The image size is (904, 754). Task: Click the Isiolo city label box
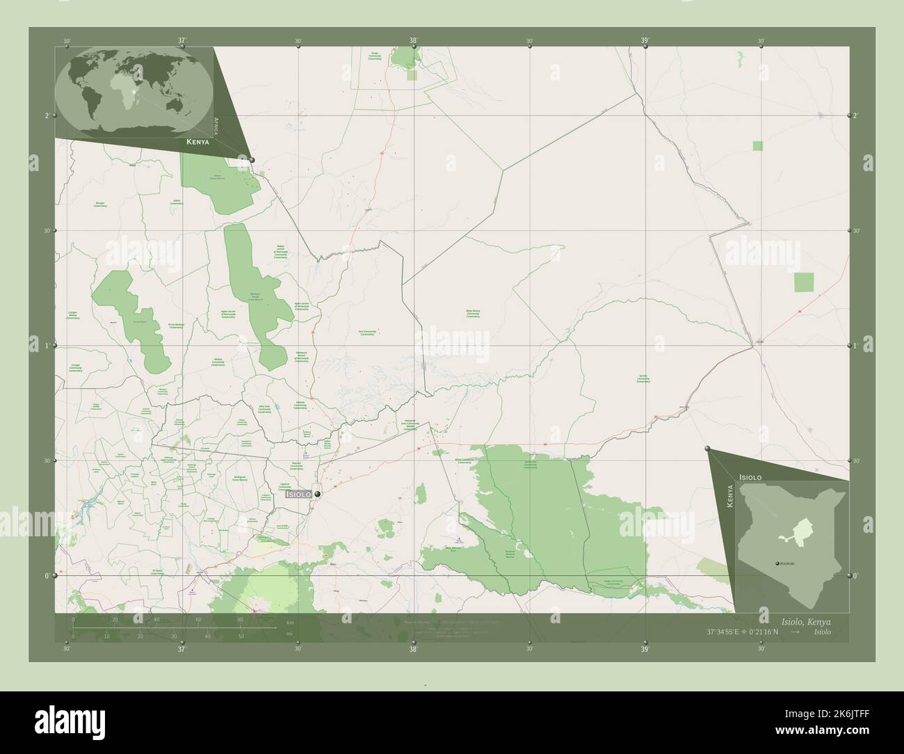[298, 494]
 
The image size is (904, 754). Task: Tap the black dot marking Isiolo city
[318, 494]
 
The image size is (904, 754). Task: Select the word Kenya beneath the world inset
[197, 142]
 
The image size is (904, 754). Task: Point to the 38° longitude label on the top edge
[414, 41]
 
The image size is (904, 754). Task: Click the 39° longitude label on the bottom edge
[645, 650]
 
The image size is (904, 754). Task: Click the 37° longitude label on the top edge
[182, 41]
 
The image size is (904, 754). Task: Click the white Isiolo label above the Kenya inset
[750, 477]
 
